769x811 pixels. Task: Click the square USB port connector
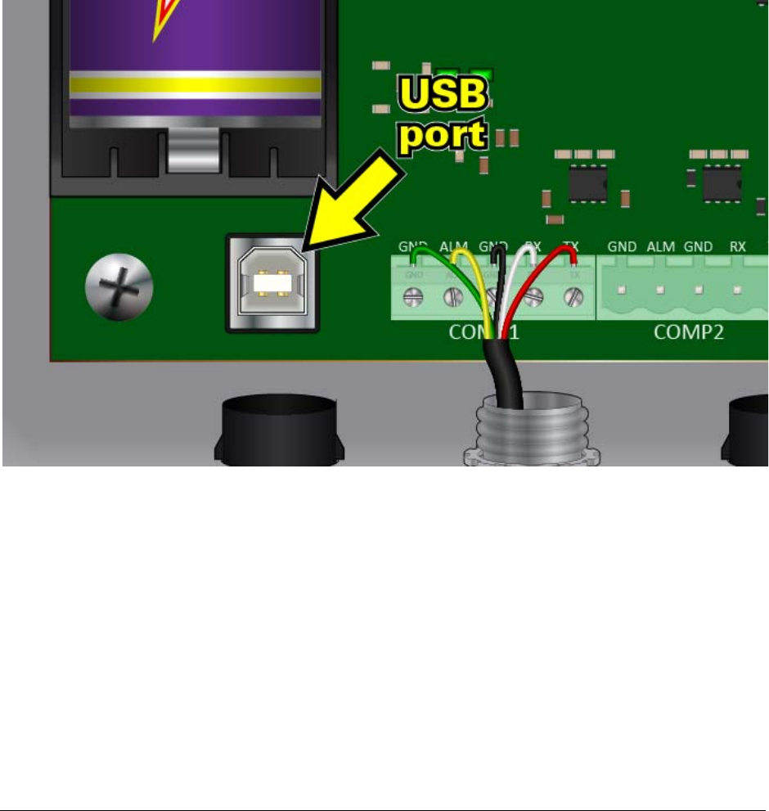(x=272, y=282)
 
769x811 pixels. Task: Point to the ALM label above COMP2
(x=661, y=246)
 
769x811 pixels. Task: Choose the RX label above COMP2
(x=737, y=246)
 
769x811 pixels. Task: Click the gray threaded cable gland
(x=532, y=430)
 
